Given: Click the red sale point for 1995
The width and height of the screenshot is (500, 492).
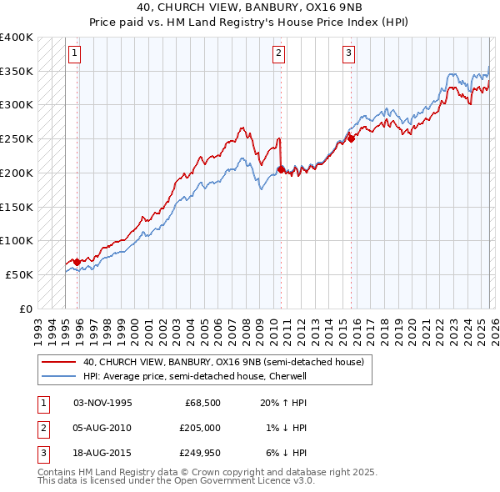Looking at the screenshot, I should pyautogui.click(x=77, y=262).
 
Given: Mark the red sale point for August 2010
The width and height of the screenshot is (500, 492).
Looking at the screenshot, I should pyautogui.click(x=281, y=169).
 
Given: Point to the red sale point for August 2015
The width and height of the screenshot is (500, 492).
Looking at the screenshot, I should pyautogui.click(x=351, y=139).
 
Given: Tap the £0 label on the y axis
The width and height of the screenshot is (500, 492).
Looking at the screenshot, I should pyautogui.click(x=26, y=309).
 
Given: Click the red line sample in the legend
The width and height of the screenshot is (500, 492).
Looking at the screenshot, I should pyautogui.click(x=58, y=363).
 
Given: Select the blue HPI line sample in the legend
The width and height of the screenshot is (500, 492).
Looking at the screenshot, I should pyautogui.click(x=58, y=376).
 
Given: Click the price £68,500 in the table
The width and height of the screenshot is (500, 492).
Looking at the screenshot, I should pyautogui.click(x=202, y=403).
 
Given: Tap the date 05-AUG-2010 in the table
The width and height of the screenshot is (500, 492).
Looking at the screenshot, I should pyautogui.click(x=102, y=428).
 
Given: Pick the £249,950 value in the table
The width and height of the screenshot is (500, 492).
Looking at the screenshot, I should pyautogui.click(x=199, y=453).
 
